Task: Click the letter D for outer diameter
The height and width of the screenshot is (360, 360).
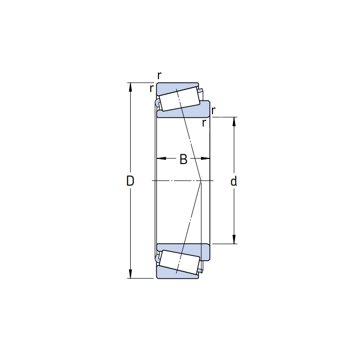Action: pos(130,181)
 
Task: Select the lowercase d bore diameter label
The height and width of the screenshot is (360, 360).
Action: pos(233,181)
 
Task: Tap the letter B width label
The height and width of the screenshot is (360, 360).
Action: pos(183,159)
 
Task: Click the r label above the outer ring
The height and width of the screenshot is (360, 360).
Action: pos(159,75)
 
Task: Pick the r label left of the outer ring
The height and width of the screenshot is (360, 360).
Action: pos(151,88)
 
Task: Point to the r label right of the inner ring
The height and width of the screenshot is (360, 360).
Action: pos(213,110)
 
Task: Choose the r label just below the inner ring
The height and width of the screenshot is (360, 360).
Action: pos(204,123)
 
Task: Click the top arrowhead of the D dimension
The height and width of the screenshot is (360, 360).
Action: pos(131,87)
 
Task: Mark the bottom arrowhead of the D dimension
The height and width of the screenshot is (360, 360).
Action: pos(131,274)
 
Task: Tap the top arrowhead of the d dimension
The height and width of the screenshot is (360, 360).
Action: pos(234,122)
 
